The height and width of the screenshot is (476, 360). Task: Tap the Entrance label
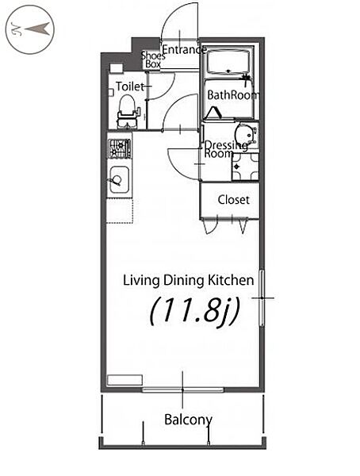click(x=185, y=49)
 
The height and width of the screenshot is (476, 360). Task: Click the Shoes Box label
click(x=153, y=59)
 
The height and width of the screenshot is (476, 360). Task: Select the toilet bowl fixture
click(x=127, y=112)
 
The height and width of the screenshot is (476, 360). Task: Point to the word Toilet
click(x=129, y=86)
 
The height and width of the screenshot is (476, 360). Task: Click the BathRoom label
click(x=233, y=95)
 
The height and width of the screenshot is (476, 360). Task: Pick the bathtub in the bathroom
click(x=228, y=62)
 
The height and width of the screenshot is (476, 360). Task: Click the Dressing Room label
click(x=225, y=149)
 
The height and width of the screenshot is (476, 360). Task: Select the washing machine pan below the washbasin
click(x=245, y=167)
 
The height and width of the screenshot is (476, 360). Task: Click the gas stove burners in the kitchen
click(x=120, y=148)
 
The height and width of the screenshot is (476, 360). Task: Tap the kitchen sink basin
click(x=119, y=180)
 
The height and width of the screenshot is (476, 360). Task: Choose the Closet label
click(x=234, y=200)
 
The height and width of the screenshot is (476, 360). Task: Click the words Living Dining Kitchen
click(x=189, y=280)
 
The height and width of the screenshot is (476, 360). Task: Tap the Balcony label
click(x=188, y=420)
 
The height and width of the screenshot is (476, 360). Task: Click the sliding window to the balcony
click(x=182, y=390)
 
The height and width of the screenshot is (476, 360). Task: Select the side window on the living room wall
click(x=262, y=297)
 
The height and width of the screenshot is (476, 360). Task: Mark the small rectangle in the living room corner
click(x=124, y=380)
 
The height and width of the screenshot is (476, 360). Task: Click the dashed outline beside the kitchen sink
click(x=120, y=211)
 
